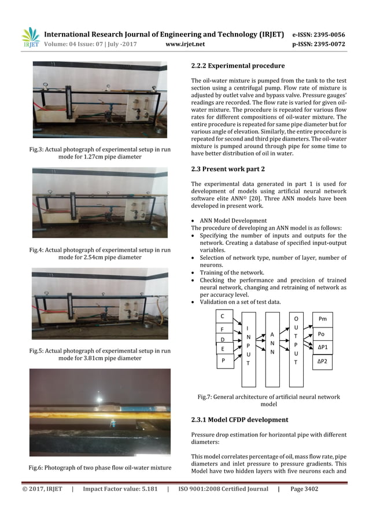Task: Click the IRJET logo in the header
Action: point(30,38)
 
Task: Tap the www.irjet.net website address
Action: point(184,43)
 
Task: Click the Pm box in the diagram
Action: point(322,318)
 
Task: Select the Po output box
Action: point(322,334)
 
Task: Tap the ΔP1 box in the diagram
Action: point(322,348)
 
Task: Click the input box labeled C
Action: point(223,316)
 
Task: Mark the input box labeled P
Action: point(223,360)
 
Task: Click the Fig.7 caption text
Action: point(269,400)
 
